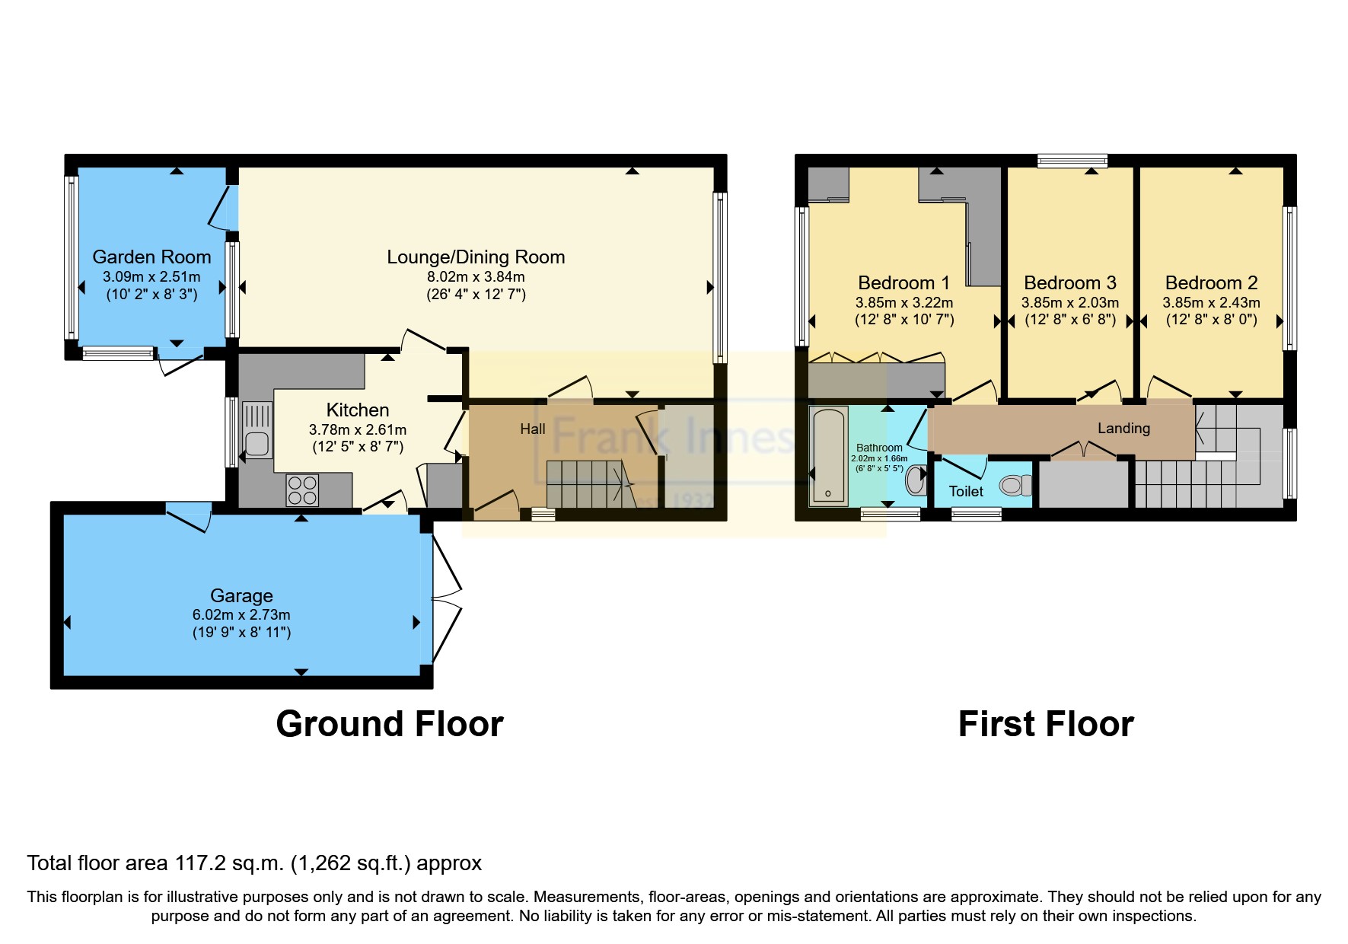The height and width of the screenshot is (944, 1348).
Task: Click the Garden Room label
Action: [151, 257]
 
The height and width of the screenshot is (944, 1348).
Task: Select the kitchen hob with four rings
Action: [302, 490]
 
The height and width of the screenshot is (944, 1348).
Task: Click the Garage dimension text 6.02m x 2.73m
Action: [241, 614]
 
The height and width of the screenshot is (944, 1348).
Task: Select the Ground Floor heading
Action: [389, 723]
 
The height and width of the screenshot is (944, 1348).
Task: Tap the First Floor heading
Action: [1045, 723]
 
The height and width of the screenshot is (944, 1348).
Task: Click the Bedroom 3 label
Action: [1069, 283]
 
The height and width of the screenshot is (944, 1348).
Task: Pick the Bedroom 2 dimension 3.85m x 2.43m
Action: [1210, 302]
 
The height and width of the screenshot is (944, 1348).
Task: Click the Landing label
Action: [1123, 429]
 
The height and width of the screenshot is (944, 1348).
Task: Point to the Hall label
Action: [532, 429]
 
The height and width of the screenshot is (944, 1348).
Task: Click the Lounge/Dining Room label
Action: [476, 257]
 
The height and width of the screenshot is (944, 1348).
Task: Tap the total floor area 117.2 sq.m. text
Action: [254, 863]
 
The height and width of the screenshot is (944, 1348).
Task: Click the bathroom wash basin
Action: [915, 479]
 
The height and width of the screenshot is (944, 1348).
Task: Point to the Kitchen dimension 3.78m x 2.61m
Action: [357, 430]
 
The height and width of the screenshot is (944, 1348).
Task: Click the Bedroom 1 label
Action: [903, 283]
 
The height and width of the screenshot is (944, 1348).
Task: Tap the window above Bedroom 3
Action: [1072, 161]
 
